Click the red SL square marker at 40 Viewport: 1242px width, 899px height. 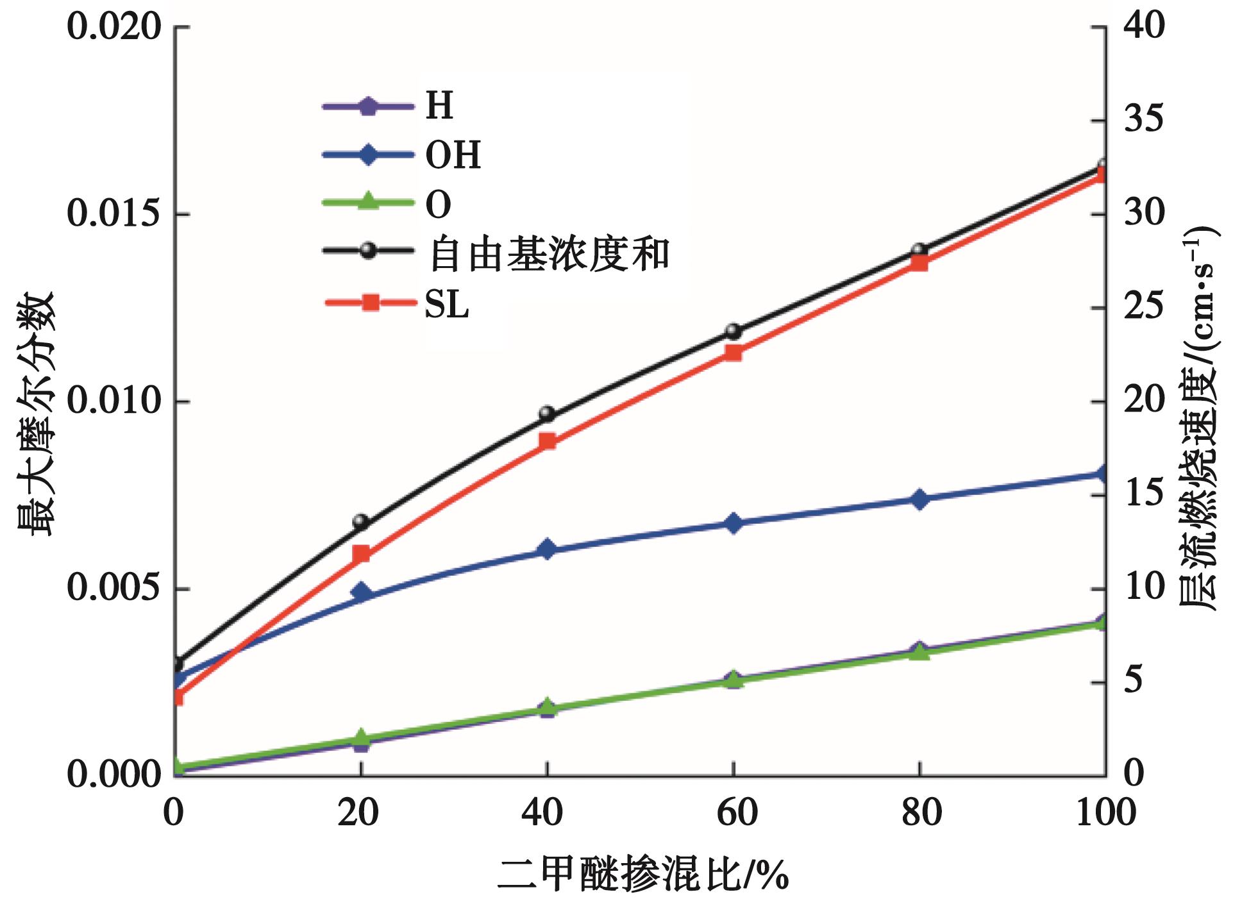click(547, 442)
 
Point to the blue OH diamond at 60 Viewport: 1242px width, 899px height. click(734, 523)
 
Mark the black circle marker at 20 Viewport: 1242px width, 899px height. click(361, 521)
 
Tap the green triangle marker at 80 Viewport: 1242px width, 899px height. click(919, 652)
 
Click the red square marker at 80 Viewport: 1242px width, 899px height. click(919, 262)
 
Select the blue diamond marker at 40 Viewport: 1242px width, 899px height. click(547, 550)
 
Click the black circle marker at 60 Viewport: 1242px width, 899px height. click(734, 332)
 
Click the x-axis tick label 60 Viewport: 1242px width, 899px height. click(737, 812)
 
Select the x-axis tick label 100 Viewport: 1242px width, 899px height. click(1105, 812)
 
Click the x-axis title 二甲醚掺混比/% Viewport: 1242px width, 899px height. click(642, 874)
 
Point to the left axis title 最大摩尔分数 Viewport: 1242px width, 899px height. click(38, 414)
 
